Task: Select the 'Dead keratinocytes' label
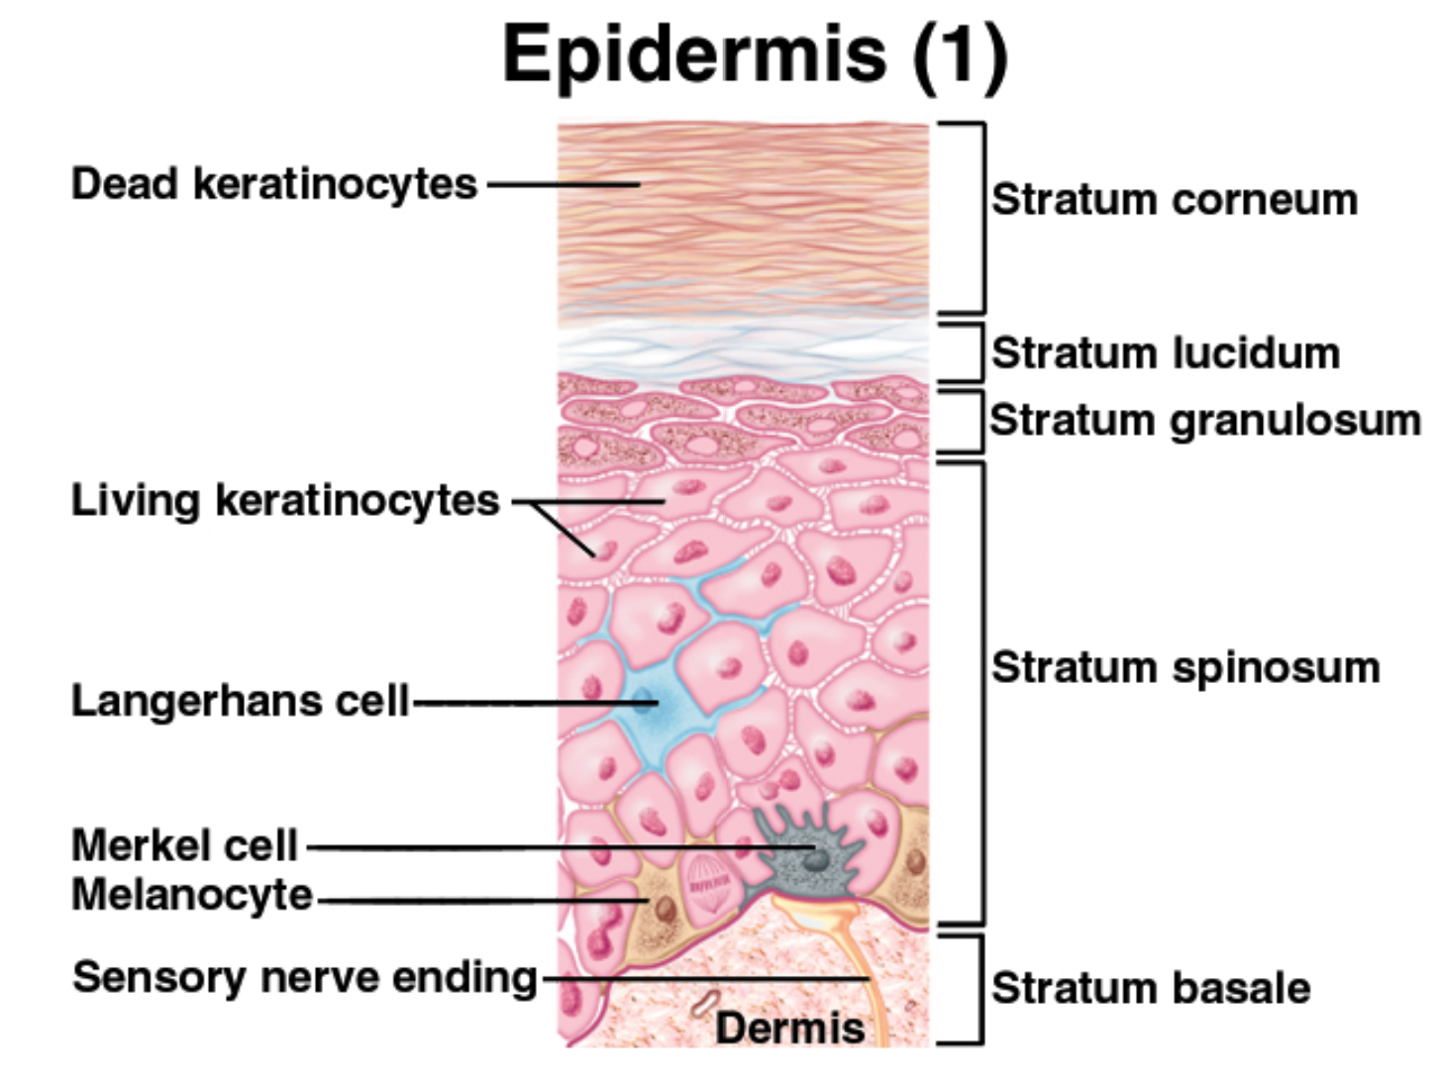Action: [x=274, y=184]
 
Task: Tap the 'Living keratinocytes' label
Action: [x=285, y=501]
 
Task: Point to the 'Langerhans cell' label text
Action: [x=241, y=701]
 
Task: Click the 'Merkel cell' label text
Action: [x=184, y=845]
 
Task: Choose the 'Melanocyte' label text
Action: [x=192, y=895]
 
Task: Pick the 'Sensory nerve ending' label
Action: [x=305, y=978]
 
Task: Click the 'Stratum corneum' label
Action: [x=1174, y=199]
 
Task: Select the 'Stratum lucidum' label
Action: [x=1166, y=353]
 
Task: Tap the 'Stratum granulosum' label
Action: [x=1205, y=420]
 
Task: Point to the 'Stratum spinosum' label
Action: [x=1185, y=668]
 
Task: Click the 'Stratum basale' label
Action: [x=1151, y=988]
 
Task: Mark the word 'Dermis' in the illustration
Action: [x=790, y=1028]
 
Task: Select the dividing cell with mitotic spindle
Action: [x=708, y=886]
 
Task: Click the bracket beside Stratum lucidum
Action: [x=981, y=352]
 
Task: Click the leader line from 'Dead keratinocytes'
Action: [x=563, y=184]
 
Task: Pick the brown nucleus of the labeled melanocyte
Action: [x=666, y=909]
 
